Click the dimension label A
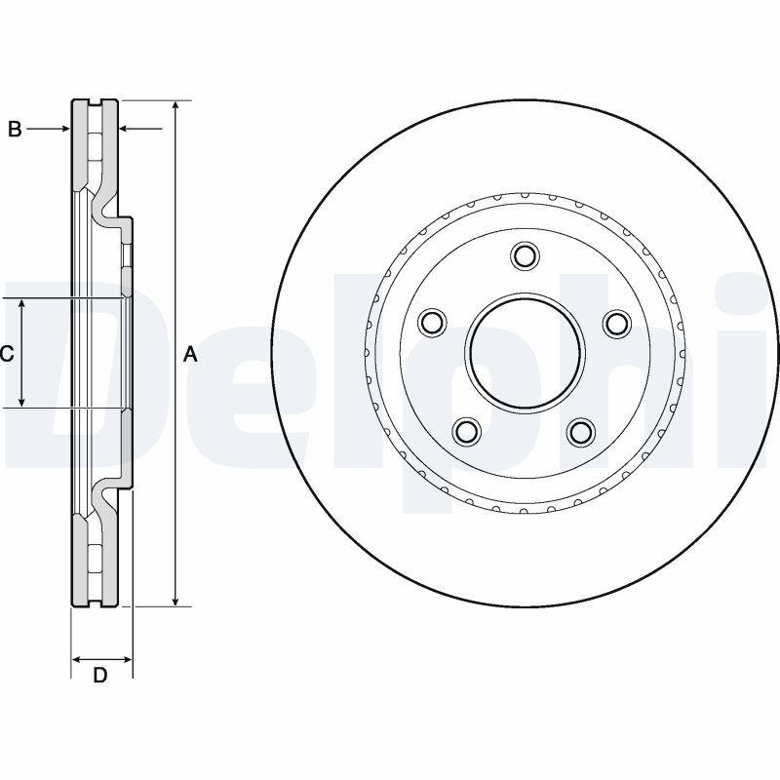click(191, 355)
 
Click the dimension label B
click(15, 129)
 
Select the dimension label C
click(7, 354)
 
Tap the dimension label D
click(99, 675)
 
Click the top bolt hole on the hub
click(525, 256)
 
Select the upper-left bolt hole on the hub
click(431, 322)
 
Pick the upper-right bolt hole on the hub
click(616, 322)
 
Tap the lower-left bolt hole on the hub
click(467, 430)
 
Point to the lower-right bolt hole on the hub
click(581, 430)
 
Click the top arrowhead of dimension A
click(175, 106)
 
